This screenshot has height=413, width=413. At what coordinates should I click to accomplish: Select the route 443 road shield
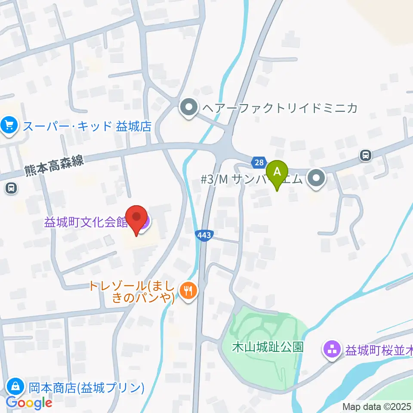pyautogui.click(x=204, y=235)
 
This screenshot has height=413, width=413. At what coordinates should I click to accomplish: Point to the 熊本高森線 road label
pyautogui.click(x=54, y=168)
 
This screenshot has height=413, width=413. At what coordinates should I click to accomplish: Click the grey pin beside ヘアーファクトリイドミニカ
pyautogui.click(x=188, y=108)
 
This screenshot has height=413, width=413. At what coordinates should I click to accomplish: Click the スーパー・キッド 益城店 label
pyautogui.click(x=87, y=126)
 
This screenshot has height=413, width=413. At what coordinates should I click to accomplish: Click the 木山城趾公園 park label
pyautogui.click(x=268, y=347)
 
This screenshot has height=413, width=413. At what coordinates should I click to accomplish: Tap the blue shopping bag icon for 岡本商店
pyautogui.click(x=15, y=386)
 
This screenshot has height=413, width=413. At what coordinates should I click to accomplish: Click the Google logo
pyautogui.click(x=29, y=403)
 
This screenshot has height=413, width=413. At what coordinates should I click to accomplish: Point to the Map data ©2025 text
pyautogui.click(x=377, y=407)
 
